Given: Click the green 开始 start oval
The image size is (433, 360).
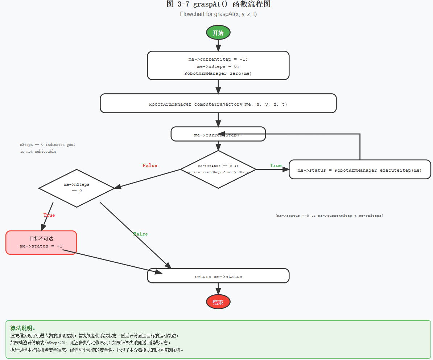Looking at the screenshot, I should [218, 33].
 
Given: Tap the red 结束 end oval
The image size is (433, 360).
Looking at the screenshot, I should [218, 302].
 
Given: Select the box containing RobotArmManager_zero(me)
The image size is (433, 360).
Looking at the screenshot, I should [218, 66].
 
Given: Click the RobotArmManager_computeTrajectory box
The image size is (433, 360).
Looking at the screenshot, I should [218, 104].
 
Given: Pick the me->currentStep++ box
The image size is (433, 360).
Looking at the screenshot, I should [218, 134].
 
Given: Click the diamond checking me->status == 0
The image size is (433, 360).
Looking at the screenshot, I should [218, 169].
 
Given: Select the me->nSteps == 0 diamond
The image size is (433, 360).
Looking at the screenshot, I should [77, 188].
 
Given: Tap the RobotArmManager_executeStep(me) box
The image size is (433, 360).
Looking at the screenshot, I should [359, 170].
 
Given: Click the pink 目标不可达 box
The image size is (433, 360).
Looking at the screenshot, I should [41, 242].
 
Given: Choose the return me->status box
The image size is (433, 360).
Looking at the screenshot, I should [218, 276].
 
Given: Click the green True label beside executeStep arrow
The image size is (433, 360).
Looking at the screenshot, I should [276, 165].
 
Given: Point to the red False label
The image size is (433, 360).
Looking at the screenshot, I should [150, 165].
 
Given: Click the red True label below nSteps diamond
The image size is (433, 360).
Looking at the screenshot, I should [49, 215].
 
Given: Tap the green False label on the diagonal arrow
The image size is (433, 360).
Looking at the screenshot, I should [140, 234].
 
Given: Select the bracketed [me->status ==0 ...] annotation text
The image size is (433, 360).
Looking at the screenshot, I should [329, 216].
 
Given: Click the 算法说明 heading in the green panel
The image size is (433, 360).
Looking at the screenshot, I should [23, 328].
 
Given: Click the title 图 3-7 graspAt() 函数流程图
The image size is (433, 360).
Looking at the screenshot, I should [218, 4].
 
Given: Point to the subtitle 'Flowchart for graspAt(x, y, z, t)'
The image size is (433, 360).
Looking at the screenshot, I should [218, 14].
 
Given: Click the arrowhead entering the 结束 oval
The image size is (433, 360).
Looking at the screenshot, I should [218, 291].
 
